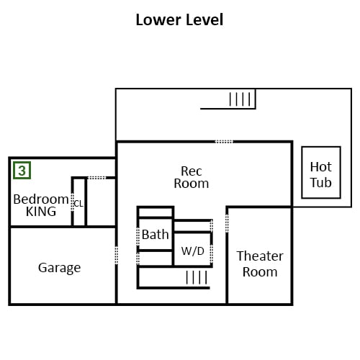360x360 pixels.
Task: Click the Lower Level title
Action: pyautogui.click(x=179, y=19)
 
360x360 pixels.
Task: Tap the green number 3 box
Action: pyautogui.click(x=22, y=171)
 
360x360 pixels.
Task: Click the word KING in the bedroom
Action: pyautogui.click(x=41, y=212)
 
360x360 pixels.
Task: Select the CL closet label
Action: pyautogui.click(x=78, y=204)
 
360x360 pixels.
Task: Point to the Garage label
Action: pyautogui.click(x=59, y=268)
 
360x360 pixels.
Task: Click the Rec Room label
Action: pyautogui.click(x=192, y=177)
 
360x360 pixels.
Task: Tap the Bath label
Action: pyautogui.click(x=155, y=234)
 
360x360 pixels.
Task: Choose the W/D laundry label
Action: pyautogui.click(x=193, y=251)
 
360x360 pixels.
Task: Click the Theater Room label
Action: pyautogui.click(x=260, y=264)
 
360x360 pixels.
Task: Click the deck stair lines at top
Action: pyautogui.click(x=240, y=99)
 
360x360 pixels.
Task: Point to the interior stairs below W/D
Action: pyautogui.click(x=197, y=277)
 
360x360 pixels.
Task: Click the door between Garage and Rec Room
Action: pyautogui.click(x=117, y=255)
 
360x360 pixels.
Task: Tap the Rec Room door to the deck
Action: pyautogui.click(x=224, y=142)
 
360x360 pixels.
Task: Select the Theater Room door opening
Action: pyautogui.click(x=227, y=223)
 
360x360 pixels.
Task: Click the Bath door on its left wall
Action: pyautogui.click(x=138, y=237)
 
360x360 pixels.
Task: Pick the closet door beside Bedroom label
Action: pyautogui.click(x=72, y=202)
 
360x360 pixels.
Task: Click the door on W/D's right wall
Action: pyautogui.click(x=212, y=254)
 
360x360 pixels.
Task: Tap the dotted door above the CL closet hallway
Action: pyautogui.click(x=96, y=178)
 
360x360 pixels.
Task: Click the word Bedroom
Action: pyautogui.click(x=41, y=199)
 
